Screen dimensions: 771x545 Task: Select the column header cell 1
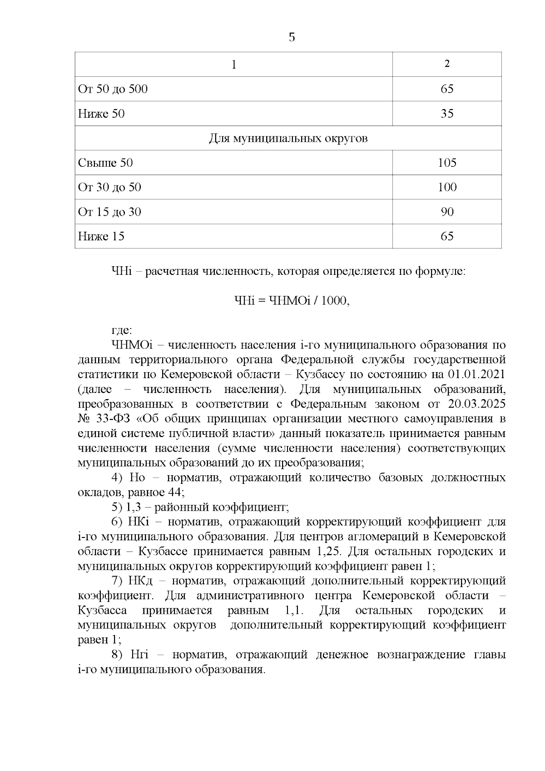[234, 65]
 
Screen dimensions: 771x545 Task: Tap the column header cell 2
[447, 64]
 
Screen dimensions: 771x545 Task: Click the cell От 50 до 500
[113, 89]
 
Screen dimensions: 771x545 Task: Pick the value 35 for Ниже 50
[447, 114]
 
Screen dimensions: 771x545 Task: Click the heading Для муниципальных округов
[288, 138]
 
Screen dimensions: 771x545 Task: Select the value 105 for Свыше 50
[447, 163]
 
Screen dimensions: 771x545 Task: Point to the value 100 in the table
[447, 187]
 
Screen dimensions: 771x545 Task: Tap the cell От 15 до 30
[109, 212]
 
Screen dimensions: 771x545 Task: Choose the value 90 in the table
[447, 212]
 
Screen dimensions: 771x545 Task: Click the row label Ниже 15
[101, 236]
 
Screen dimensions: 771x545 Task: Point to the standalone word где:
[121, 330]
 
